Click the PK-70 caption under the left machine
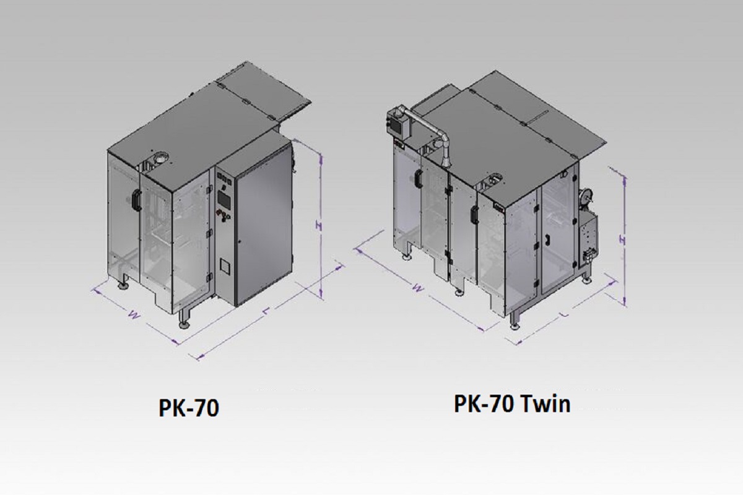pyautogui.click(x=189, y=408)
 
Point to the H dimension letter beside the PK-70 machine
pyautogui.click(x=318, y=226)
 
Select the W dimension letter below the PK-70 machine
pyautogui.click(x=134, y=314)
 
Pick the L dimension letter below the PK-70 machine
pyautogui.click(x=266, y=311)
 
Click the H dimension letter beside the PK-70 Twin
pyautogui.click(x=623, y=240)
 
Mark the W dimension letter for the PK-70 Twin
pyautogui.click(x=419, y=288)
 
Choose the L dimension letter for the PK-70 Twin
pyautogui.click(x=565, y=314)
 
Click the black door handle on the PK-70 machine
pyautogui.click(x=136, y=200)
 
